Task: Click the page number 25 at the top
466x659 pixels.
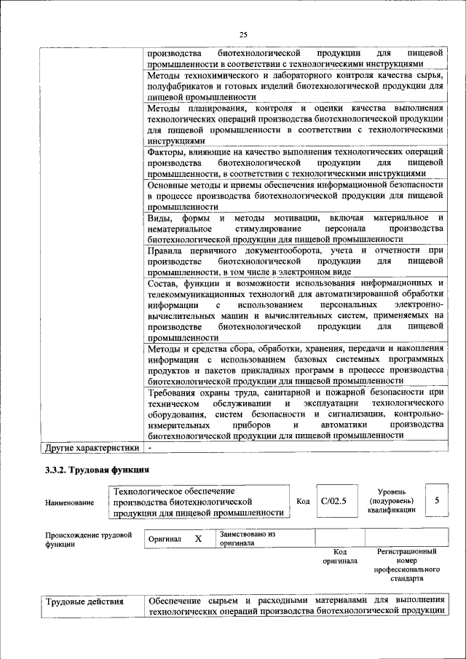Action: (x=243, y=35)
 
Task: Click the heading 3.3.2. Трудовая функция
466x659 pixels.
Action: (x=98, y=469)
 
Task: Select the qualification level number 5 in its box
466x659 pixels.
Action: (x=436, y=501)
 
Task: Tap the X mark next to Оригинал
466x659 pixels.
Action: (x=197, y=539)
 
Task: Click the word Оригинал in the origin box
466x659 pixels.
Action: (x=165, y=539)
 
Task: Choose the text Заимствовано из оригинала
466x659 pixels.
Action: (x=247, y=538)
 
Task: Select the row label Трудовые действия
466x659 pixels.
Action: (x=84, y=601)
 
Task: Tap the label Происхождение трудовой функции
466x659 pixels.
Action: (x=88, y=539)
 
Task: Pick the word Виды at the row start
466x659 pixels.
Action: (x=159, y=218)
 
